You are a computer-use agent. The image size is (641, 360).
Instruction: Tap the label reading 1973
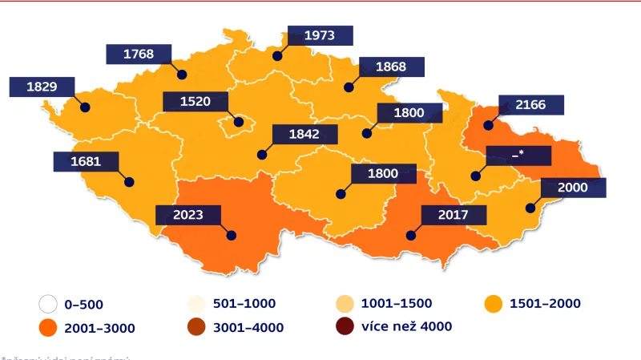click(x=319, y=35)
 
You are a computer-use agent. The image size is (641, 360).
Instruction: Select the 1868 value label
click(x=391, y=67)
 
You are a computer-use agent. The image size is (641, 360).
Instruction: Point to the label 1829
click(x=42, y=87)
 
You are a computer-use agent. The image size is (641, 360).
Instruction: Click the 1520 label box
click(x=195, y=102)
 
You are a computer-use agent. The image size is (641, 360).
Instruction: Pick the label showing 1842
click(x=304, y=135)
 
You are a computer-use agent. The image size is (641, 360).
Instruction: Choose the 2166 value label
click(x=531, y=105)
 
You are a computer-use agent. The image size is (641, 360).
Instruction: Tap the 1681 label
click(x=86, y=161)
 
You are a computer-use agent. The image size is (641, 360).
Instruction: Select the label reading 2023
click(x=187, y=215)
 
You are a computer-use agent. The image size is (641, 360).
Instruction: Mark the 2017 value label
click(x=453, y=215)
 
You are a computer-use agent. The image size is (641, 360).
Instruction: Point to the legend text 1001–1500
click(x=398, y=304)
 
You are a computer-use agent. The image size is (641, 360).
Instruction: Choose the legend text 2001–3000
click(x=99, y=327)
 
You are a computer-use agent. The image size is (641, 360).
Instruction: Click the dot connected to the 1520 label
click(x=238, y=122)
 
